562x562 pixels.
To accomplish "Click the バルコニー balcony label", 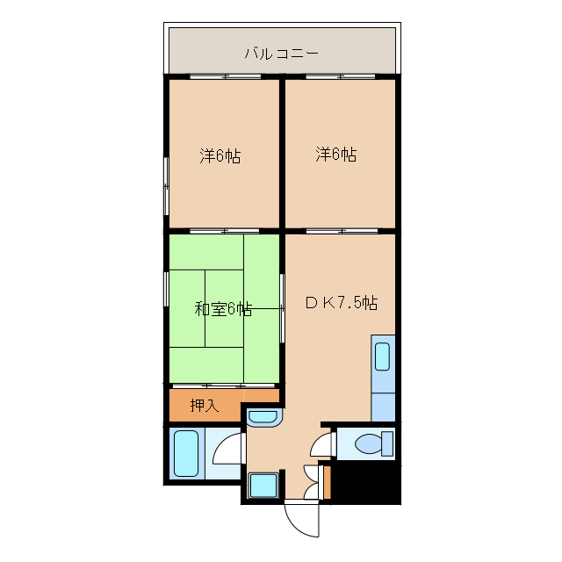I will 281,54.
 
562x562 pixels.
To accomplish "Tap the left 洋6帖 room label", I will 220,156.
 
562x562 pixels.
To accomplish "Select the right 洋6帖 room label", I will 336,155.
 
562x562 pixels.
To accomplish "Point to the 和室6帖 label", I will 223,309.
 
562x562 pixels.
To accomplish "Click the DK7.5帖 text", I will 342,303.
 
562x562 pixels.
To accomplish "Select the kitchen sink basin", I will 383,357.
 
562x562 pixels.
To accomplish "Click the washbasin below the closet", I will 263,416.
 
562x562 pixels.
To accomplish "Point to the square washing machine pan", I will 263,485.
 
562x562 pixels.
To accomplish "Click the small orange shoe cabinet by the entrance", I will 327,481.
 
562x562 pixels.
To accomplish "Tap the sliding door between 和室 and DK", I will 282,308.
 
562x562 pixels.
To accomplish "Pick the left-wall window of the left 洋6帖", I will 166,184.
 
